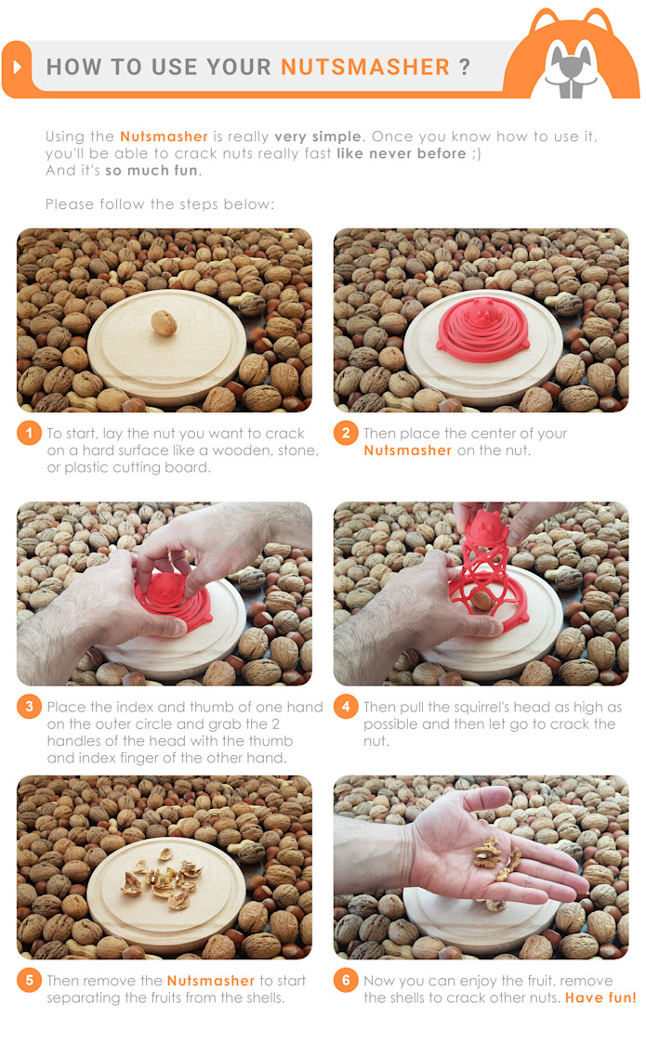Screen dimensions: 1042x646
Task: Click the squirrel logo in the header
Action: tap(571, 58)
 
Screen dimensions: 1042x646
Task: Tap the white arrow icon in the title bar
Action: tap(18, 68)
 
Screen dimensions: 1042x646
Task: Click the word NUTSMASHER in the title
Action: tap(365, 67)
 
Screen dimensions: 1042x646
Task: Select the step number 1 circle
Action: tap(29, 434)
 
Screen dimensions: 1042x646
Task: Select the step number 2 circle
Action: tap(346, 434)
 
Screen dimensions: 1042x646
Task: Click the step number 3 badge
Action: tap(29, 708)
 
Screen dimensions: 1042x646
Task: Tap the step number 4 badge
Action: tap(346, 708)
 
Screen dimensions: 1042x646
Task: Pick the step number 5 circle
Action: tap(29, 981)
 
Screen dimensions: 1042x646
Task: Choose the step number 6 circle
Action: tap(346, 981)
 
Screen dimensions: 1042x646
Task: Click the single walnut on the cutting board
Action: tap(164, 322)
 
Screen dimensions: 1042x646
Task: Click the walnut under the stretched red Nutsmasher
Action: tap(481, 603)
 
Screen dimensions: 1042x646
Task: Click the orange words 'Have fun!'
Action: tap(600, 998)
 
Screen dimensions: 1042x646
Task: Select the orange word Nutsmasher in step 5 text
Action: tap(210, 981)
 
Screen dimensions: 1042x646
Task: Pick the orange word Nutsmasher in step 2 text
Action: tap(407, 450)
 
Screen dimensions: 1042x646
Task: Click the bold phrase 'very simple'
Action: tap(317, 137)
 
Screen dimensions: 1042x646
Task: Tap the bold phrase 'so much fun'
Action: tap(152, 171)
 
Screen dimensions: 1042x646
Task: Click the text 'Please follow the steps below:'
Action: tap(160, 204)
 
